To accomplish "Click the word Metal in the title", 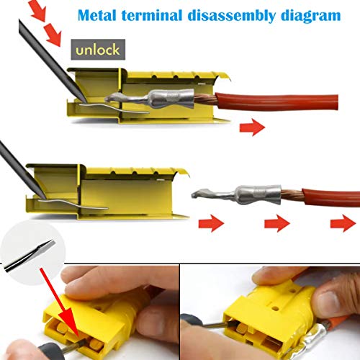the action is pos(97,15).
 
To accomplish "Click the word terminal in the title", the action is pos(152,15).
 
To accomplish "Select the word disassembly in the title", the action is pos(232,16).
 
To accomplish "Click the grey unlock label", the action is pos(98,50).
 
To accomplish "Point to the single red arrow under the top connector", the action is pos(252,127).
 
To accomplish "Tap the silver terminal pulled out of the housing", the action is pos(236,194).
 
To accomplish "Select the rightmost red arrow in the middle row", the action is pos(343,223).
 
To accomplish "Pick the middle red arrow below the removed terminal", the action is pos(277,223).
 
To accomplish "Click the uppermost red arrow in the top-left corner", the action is pos(37,9).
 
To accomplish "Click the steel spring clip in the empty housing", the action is pos(73,204).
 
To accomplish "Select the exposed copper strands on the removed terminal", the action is pos(292,195).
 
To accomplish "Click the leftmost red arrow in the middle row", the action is pos(211,223).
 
